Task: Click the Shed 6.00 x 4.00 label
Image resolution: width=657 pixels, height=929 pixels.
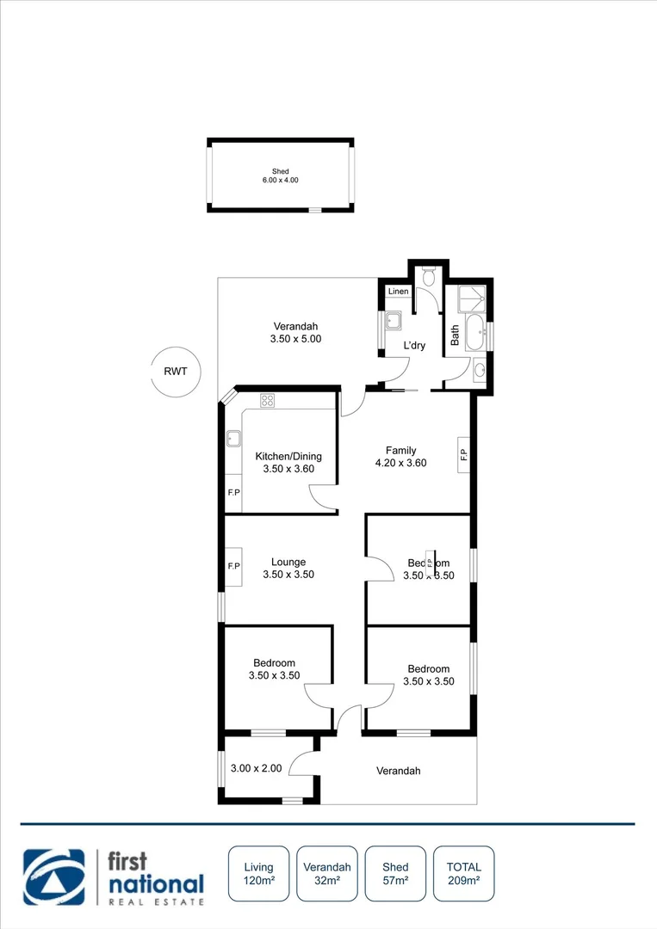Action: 281,175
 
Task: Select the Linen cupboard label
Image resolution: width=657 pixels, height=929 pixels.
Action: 398,292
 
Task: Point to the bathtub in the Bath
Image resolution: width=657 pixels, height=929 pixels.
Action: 474,333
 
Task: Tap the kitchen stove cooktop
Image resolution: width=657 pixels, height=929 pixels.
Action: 267,400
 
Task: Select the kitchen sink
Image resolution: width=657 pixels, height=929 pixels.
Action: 233,439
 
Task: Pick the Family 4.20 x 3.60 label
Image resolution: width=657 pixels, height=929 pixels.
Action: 401,457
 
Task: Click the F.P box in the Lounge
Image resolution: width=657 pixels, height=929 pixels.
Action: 233,567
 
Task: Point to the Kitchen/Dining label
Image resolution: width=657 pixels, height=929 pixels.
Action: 288,463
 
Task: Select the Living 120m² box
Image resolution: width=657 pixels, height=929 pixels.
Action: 258,873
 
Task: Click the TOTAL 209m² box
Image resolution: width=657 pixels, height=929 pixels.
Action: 464,873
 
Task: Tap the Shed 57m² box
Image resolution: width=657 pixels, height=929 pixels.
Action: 396,873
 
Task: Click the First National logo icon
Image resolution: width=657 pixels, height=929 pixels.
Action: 54,877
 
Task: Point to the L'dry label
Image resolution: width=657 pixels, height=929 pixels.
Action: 415,347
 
